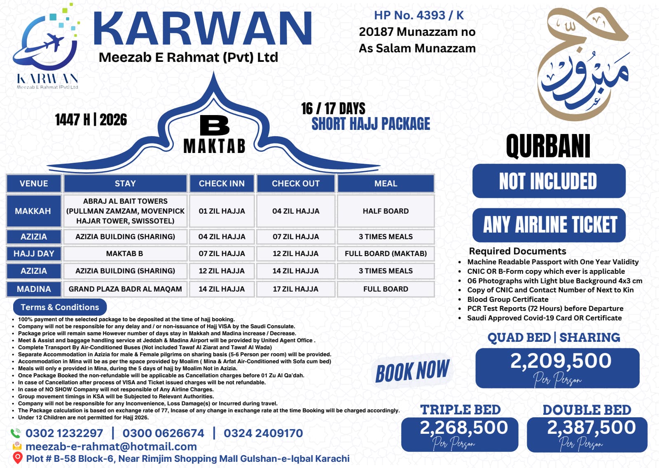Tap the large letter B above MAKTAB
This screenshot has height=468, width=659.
pyautogui.click(x=214, y=125)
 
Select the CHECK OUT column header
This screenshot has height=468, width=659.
pyautogui.click(x=295, y=183)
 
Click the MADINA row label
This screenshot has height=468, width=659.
pyautogui.click(x=34, y=289)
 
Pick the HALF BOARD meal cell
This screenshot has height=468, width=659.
pyautogui.click(x=386, y=211)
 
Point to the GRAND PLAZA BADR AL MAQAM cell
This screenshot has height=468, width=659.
pyautogui.click(x=125, y=289)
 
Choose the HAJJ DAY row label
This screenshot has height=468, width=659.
pyautogui.click(x=34, y=254)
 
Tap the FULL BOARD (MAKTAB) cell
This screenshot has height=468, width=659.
pyautogui.click(x=386, y=254)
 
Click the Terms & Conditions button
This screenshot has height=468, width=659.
pyautogui.click(x=60, y=307)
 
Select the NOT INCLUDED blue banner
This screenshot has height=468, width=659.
pyautogui.click(x=548, y=181)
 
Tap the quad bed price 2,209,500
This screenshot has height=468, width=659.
pyautogui.click(x=561, y=361)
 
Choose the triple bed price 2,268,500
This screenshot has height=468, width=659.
pyautogui.click(x=463, y=427)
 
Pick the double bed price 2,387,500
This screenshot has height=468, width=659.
pyautogui.click(x=591, y=427)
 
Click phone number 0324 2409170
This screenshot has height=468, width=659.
pyautogui.click(x=263, y=433)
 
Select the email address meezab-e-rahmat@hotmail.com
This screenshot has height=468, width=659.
pyautogui.click(x=111, y=446)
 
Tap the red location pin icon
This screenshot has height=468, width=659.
pyautogui.click(x=17, y=458)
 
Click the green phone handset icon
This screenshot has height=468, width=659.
pyautogui.click(x=16, y=433)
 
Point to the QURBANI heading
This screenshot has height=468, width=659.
pyautogui.click(x=548, y=146)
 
